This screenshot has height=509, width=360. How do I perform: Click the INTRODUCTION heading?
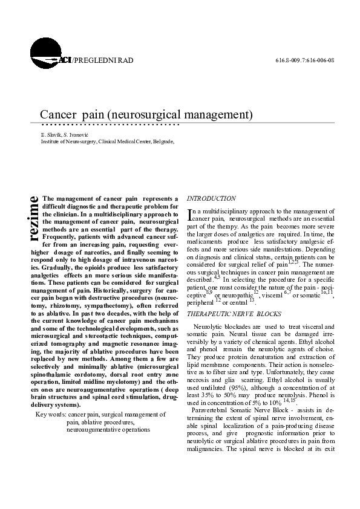[x=211, y=198]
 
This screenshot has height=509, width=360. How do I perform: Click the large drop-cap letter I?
[x=190, y=213]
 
